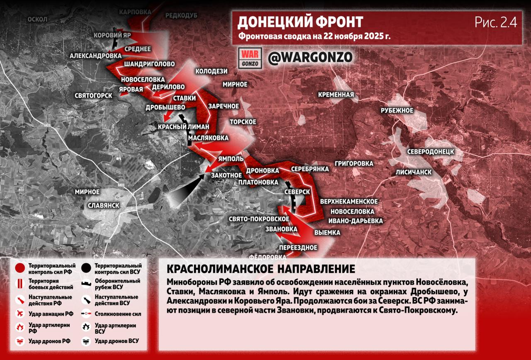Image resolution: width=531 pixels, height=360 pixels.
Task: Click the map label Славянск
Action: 104,206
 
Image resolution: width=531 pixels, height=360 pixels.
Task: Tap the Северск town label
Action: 297,192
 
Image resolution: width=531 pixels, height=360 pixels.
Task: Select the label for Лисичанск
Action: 414,172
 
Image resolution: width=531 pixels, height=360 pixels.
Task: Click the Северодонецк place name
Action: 430,151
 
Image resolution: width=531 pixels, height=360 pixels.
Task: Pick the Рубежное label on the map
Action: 397,110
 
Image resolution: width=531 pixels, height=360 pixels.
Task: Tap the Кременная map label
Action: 336,95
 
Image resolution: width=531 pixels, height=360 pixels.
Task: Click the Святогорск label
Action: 94,96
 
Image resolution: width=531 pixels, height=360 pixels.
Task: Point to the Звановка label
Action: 282,229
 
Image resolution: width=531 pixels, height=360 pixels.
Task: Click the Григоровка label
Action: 354,163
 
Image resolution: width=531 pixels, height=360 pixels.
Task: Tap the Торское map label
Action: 243,122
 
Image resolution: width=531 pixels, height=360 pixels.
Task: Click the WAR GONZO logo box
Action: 250,58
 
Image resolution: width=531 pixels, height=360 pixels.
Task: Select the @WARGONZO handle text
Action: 310,57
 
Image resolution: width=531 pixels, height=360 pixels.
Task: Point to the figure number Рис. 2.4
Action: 496,22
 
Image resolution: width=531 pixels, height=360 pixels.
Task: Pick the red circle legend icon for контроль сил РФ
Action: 19,268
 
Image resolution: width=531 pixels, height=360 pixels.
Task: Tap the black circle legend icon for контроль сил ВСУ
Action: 87,268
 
